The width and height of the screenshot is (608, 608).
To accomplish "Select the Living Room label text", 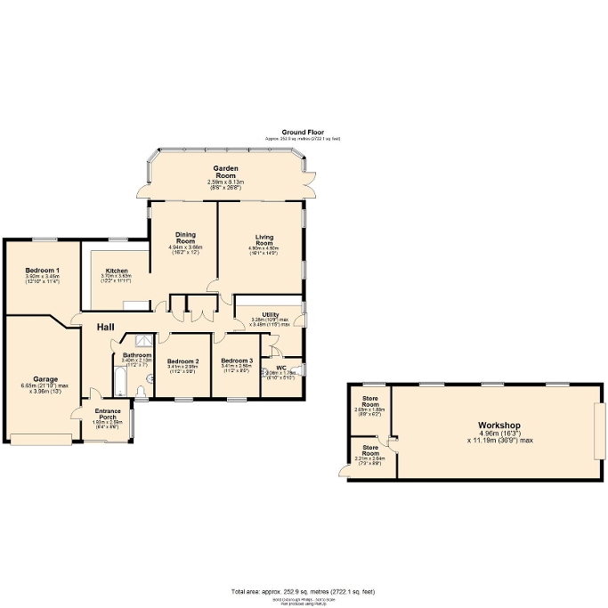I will coord(263,239).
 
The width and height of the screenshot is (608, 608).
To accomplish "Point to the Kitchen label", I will coord(117,271).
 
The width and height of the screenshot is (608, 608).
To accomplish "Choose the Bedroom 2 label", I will coord(182,361).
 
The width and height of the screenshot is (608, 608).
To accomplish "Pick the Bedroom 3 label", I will coord(237,361).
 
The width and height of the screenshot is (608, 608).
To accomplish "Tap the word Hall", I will coord(105,328).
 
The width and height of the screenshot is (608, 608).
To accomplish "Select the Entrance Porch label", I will coord(107,414).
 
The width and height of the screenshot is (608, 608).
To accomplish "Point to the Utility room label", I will coord(271,314).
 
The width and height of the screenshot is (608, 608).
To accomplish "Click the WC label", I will coord(280,368).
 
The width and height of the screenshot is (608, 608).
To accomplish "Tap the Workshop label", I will coord(499,426).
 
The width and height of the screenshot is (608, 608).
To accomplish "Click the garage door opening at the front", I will coord(41,437).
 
